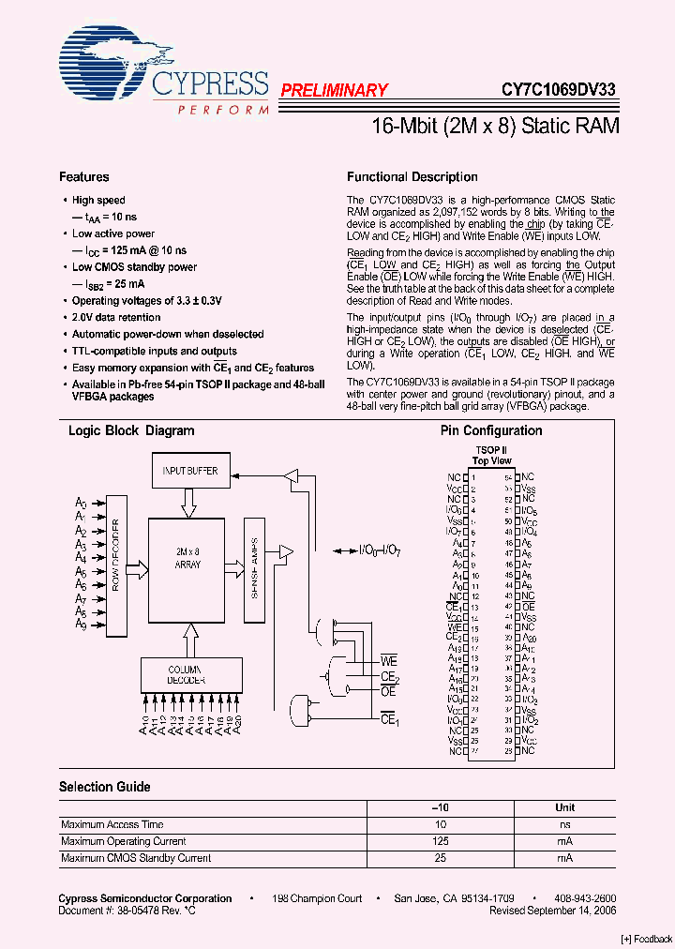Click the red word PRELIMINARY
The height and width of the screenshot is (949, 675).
tap(334, 90)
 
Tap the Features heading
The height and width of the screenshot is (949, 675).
tap(84, 177)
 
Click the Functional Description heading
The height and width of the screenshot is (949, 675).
tap(412, 177)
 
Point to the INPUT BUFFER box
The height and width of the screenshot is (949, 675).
tap(189, 471)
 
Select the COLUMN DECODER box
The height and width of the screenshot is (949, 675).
tap(191, 673)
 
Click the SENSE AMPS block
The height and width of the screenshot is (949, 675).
tap(255, 569)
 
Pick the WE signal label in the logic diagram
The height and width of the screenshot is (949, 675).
tap(389, 662)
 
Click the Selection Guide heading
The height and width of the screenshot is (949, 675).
tap(105, 787)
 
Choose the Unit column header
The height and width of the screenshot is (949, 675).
tap(565, 807)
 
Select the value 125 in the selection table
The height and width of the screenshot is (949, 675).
tap(440, 841)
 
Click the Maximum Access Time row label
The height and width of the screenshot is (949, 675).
tap(112, 824)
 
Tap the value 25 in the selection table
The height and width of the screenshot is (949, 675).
tap(440, 858)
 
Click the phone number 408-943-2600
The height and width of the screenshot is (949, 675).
tap(580, 898)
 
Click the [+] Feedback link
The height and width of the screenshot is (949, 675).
tap(647, 940)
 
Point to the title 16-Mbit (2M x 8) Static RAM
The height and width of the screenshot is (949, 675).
tap(490, 126)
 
